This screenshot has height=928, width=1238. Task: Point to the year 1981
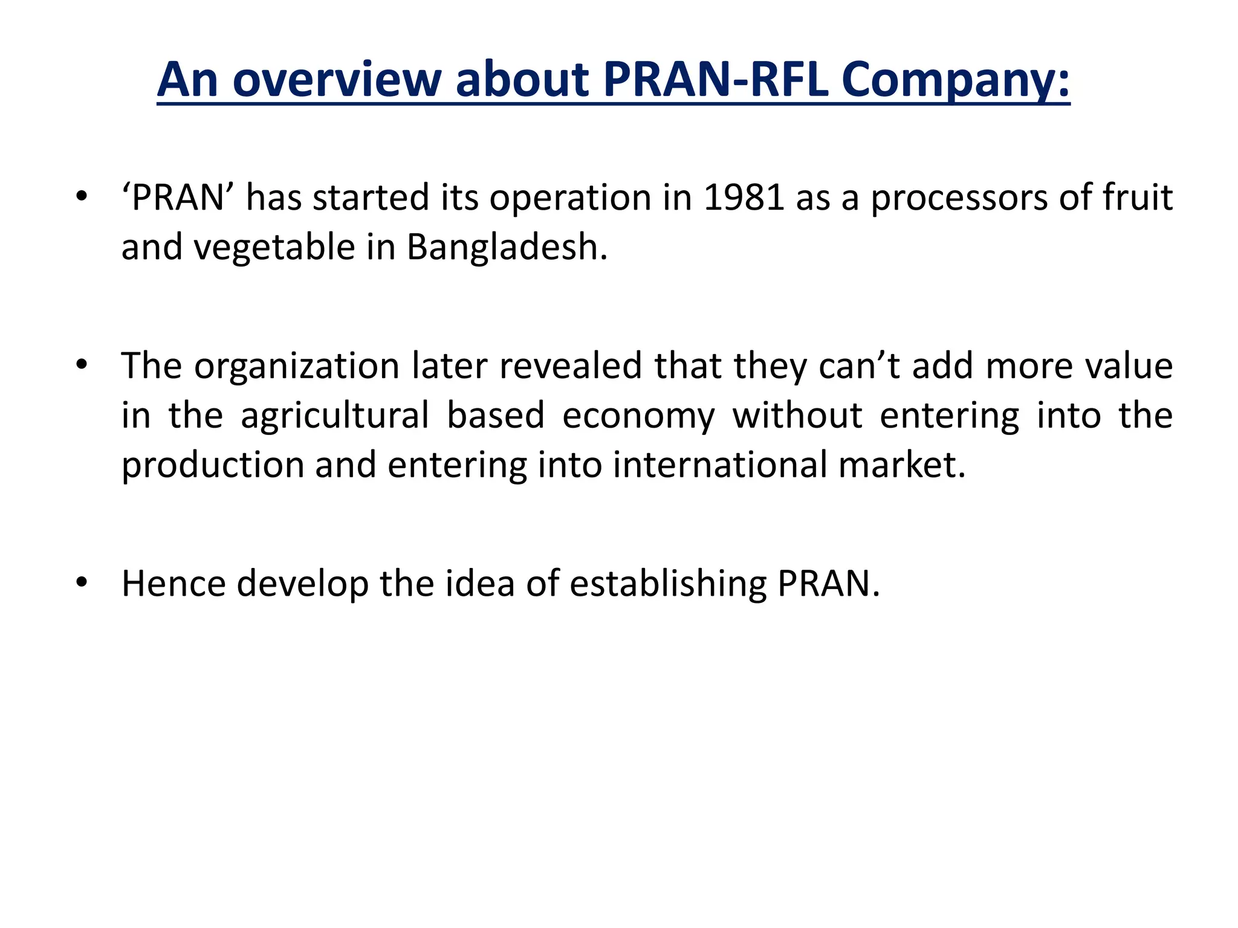click(x=744, y=198)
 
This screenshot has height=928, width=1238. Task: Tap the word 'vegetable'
click(x=274, y=248)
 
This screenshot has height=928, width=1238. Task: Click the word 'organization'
click(x=297, y=367)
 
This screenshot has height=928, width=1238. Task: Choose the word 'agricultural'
click(x=335, y=416)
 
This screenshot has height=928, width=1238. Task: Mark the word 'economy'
click(x=638, y=416)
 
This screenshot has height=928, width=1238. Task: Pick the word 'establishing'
click(x=668, y=584)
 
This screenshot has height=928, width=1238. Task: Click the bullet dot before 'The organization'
click(x=82, y=366)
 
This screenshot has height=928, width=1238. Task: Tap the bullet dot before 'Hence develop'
click(x=82, y=582)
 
